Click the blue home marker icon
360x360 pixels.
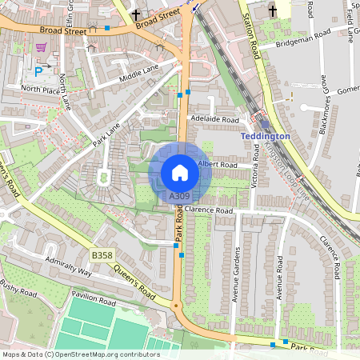(179, 172)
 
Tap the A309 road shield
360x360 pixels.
(179, 196)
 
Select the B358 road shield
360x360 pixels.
(102, 255)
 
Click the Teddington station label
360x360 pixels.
(265, 137)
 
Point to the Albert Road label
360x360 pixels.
(218, 164)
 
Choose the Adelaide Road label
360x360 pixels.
(214, 118)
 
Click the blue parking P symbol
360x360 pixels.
(38, 48)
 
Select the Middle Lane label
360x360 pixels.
(138, 74)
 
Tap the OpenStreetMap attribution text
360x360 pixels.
(80, 354)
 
